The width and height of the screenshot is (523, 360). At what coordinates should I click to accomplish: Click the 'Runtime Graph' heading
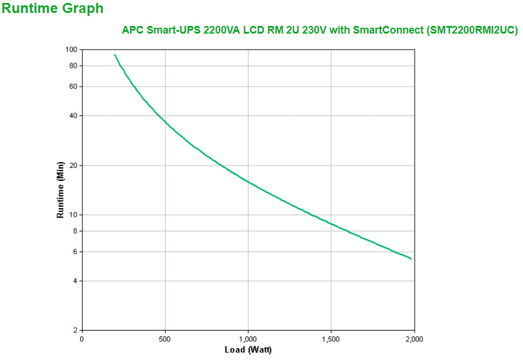(52, 9)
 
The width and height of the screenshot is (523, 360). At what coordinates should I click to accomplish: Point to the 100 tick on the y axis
(71, 49)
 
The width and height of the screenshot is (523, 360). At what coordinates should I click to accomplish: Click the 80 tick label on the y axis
(73, 65)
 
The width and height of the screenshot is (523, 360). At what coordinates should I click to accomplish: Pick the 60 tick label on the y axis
(73, 87)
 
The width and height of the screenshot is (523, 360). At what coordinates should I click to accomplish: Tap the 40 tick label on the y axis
(73, 115)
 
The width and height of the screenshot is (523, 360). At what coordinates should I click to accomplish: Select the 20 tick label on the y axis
(73, 166)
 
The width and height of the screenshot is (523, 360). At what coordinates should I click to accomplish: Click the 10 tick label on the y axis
(73, 214)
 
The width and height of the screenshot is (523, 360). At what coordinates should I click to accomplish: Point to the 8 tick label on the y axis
(75, 231)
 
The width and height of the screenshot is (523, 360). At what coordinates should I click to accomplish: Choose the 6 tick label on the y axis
(75, 252)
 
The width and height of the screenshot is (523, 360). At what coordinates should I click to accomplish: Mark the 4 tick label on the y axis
(75, 281)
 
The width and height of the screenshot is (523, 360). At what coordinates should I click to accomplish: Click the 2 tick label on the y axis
(75, 330)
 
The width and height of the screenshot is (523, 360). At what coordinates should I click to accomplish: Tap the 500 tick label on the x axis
(165, 339)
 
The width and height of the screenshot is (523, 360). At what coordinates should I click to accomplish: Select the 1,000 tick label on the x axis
(248, 339)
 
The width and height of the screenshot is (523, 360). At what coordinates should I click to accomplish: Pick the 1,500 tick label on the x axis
(331, 339)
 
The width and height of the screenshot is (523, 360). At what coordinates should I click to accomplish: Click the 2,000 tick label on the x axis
(413, 339)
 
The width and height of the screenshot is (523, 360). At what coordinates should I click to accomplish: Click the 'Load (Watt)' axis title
(248, 350)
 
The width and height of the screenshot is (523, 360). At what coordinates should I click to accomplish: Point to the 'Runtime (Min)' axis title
(60, 189)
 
